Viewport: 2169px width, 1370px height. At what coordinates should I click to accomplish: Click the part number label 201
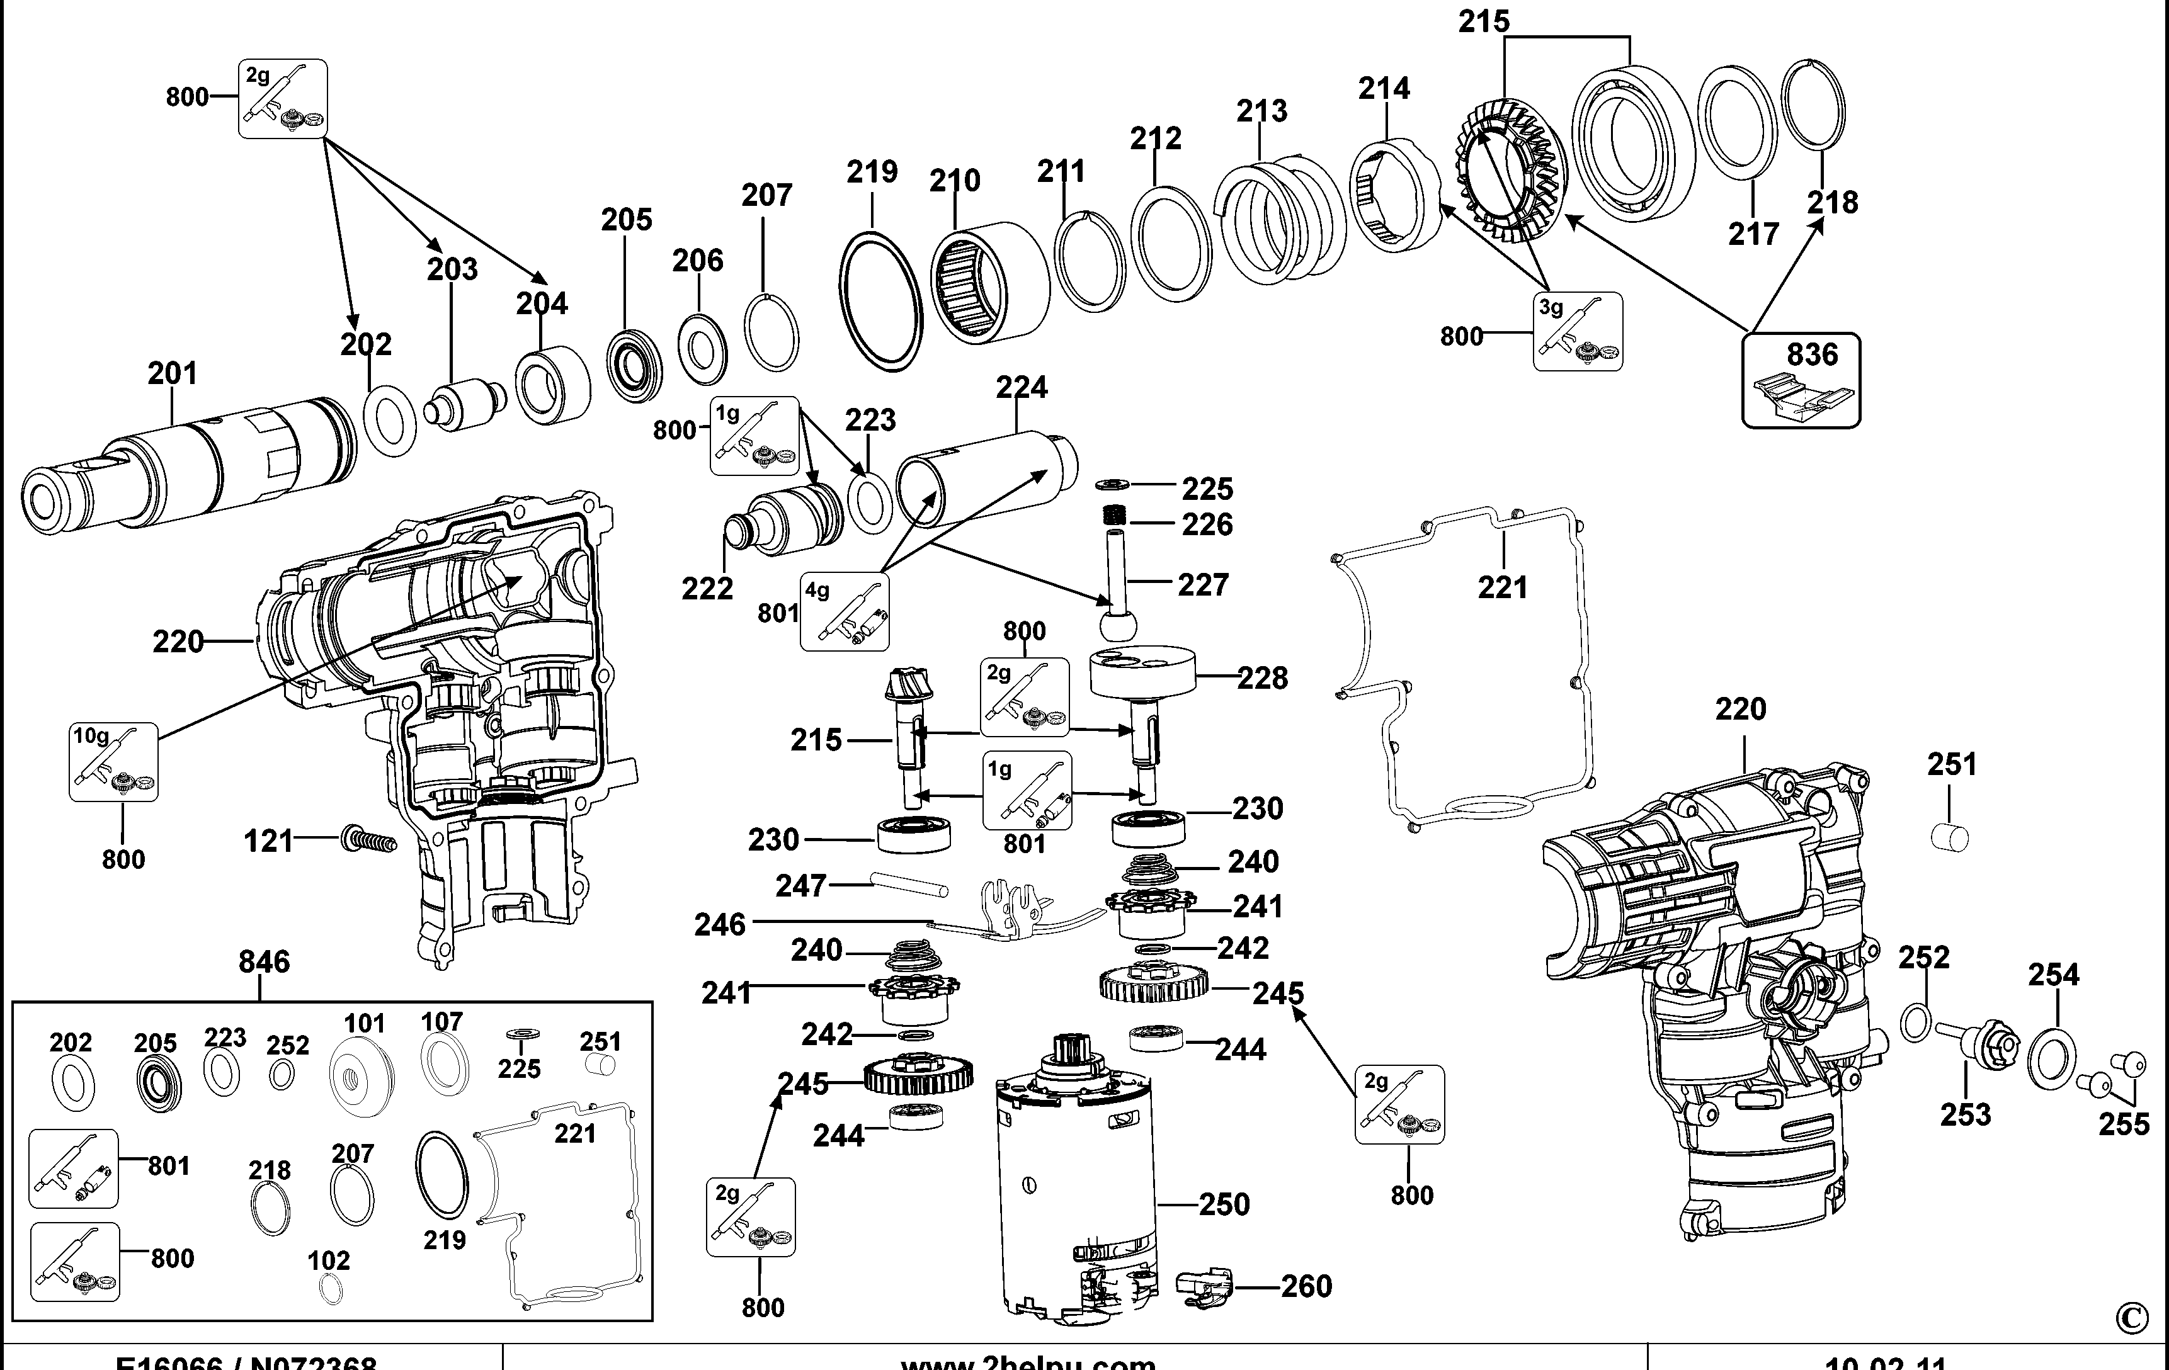171,373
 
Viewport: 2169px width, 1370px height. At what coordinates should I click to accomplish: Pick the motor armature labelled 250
1074,1189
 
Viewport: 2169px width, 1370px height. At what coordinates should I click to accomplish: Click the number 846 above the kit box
264,961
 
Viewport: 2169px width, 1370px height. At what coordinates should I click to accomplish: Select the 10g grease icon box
113,762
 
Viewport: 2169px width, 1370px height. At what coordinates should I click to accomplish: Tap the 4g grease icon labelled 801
844,613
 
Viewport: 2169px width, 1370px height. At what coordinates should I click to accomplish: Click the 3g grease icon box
1577,331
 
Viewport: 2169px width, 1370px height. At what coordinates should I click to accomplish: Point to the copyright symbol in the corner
2131,1318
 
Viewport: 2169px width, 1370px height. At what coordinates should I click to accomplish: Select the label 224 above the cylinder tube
1022,387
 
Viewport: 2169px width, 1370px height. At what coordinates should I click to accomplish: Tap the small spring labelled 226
1116,515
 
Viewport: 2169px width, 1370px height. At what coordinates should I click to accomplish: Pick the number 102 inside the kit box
328,1260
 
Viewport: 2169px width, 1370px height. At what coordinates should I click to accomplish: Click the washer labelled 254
2051,1056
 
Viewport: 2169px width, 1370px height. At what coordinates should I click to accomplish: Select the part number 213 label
1261,111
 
